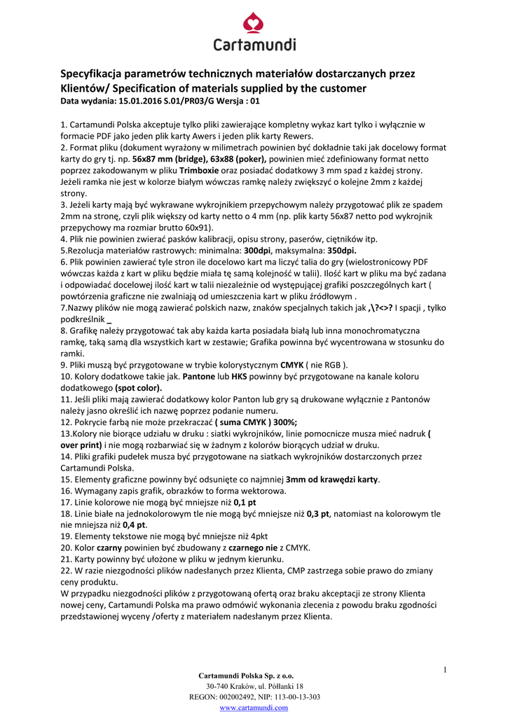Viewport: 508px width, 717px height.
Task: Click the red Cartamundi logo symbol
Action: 254,22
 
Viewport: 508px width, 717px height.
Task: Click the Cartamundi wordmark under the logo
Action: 254,44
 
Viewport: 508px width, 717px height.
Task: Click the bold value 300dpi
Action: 257,250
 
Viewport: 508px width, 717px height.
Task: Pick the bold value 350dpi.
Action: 342,250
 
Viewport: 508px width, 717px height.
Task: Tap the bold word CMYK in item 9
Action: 293,364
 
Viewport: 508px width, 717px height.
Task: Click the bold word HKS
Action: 240,376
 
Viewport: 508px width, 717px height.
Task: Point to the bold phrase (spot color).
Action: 138,387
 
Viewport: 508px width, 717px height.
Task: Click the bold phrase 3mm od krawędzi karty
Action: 332,479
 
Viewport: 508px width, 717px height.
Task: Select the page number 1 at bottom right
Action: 444,670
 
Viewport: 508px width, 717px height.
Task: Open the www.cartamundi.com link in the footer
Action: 254,708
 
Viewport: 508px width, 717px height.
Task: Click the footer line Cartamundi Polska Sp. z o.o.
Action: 246,675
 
